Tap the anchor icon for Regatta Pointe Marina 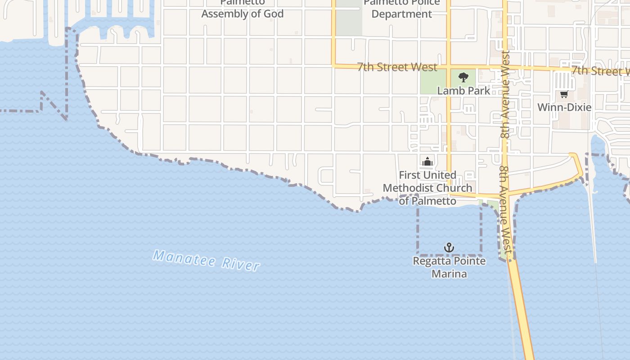click(x=449, y=247)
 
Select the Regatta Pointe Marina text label click(x=449, y=267)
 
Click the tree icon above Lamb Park click(x=463, y=77)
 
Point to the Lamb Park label click(x=463, y=90)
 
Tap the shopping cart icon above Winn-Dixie click(x=564, y=94)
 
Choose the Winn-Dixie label click(x=564, y=107)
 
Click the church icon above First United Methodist click(x=427, y=162)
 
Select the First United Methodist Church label click(x=427, y=188)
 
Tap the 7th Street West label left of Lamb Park click(x=397, y=67)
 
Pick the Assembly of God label click(x=242, y=13)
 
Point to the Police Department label click(x=401, y=13)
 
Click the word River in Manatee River click(x=241, y=264)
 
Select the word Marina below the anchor click(x=449, y=274)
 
